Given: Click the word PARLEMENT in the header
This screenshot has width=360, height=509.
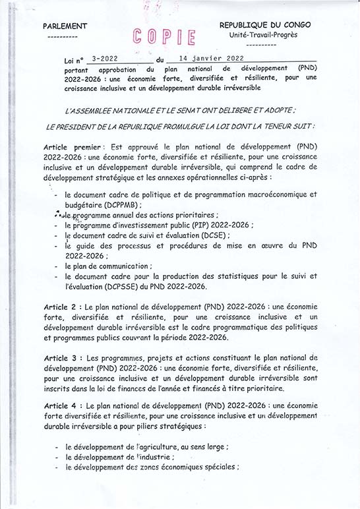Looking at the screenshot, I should (x=65, y=26).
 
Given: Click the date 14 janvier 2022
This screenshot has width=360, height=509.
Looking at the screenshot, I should (x=207, y=58).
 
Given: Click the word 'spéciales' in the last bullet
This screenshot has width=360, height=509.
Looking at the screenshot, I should (x=215, y=467).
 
